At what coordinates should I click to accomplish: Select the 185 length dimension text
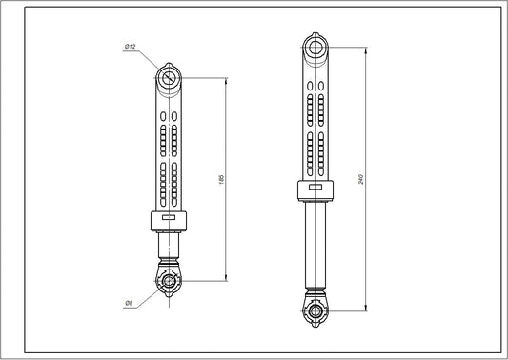tap(220, 179)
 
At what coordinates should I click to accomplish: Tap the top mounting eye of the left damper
tap(170, 78)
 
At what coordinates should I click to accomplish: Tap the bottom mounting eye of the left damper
tap(170, 281)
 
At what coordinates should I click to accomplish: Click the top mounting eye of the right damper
tap(314, 47)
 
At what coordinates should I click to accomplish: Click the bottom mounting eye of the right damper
tap(314, 310)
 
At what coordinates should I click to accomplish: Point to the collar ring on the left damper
tap(170, 220)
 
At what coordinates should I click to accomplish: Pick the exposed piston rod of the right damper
tap(314, 248)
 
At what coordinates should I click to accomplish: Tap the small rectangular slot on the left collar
tap(170, 216)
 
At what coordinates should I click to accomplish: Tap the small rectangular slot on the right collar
tap(314, 189)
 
